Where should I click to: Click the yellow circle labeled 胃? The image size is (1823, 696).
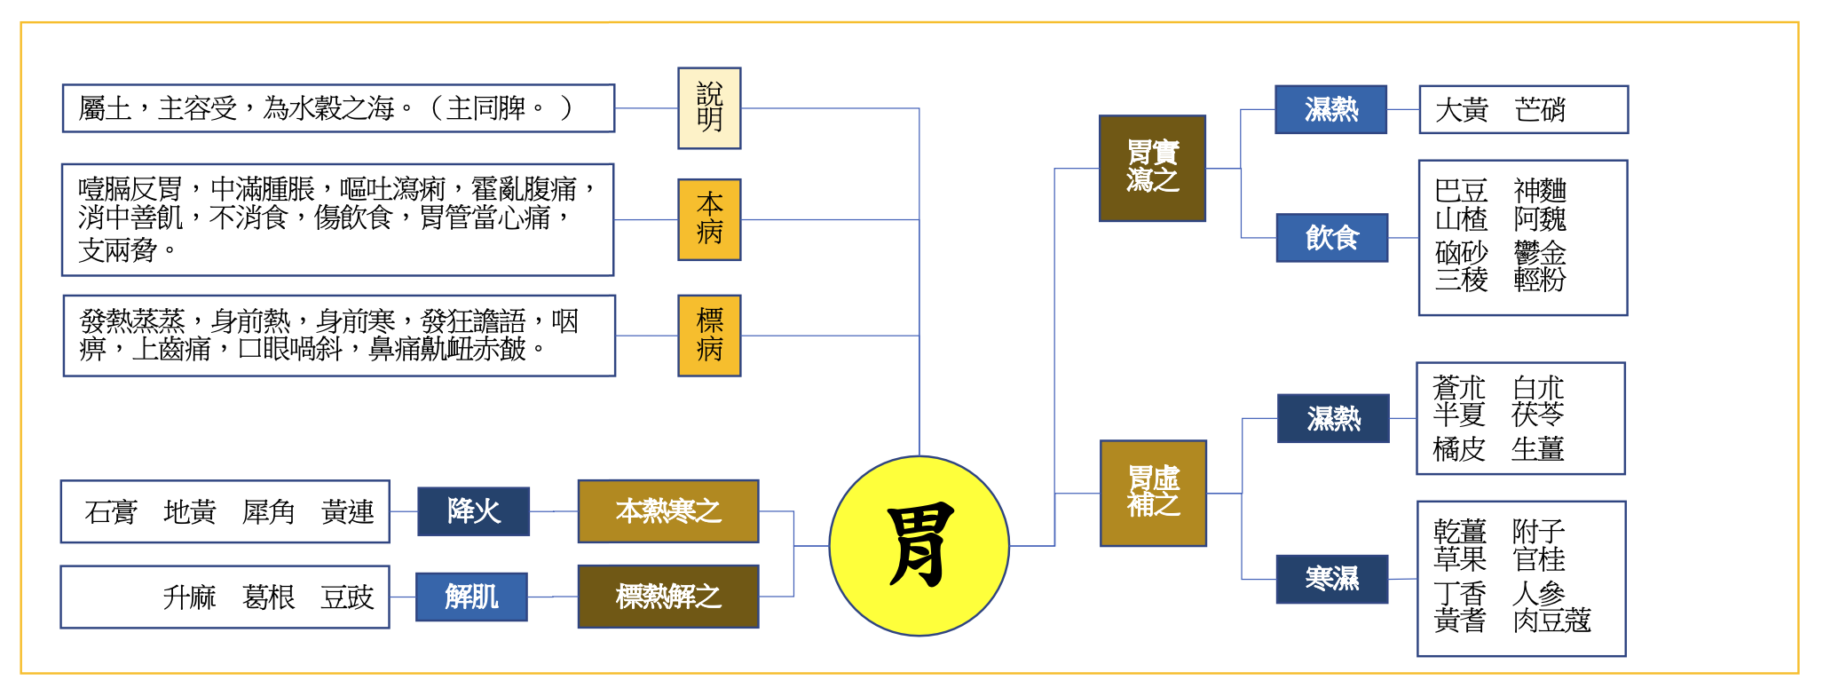point(919,546)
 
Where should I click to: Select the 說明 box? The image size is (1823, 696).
point(709,108)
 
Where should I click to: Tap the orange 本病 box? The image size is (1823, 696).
point(709,219)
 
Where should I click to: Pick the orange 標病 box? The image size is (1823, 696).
point(709,336)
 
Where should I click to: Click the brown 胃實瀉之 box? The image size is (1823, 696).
point(1152,168)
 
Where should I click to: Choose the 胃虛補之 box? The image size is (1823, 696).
point(1153,493)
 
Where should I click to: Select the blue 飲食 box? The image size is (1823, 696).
point(1331,238)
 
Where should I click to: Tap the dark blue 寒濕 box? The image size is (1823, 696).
point(1331,579)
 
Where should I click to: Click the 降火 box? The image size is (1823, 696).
point(473,511)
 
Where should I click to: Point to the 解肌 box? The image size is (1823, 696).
point(471,597)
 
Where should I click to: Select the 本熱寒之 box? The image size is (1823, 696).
point(668,511)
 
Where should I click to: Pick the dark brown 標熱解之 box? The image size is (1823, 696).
point(668,597)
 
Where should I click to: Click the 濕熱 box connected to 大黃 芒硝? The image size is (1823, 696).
point(1330,109)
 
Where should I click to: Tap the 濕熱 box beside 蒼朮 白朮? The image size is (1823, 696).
point(1333,418)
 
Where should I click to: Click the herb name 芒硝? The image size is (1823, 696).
point(1540,110)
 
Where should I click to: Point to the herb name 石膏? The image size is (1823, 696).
point(111,512)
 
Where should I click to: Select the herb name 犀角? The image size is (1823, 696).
point(268,512)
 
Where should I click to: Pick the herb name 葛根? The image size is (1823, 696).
point(268,597)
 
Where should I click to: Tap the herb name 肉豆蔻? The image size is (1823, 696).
point(1551,621)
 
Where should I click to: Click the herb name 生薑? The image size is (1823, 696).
point(1537,449)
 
